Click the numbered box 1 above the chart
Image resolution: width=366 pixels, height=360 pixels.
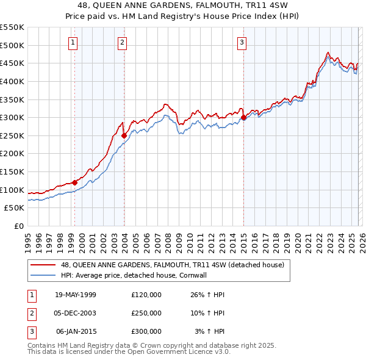[x=73, y=42]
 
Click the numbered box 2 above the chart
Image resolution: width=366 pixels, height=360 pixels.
[x=122, y=42]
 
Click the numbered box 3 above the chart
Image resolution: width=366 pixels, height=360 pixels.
[x=242, y=42]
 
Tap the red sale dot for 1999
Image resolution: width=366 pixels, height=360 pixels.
[x=75, y=182]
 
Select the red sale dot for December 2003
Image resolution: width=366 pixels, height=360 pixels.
[x=124, y=135]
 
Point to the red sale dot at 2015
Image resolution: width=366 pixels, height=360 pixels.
[x=243, y=117]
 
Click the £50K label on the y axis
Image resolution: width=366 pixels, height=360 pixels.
[x=15, y=208]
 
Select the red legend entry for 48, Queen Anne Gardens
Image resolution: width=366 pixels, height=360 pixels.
[x=172, y=265]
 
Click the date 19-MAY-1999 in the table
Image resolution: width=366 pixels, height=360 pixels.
[x=76, y=295]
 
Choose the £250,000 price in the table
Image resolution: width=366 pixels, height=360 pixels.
[x=146, y=313]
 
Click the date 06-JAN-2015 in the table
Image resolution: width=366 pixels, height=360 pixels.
[x=76, y=331]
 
